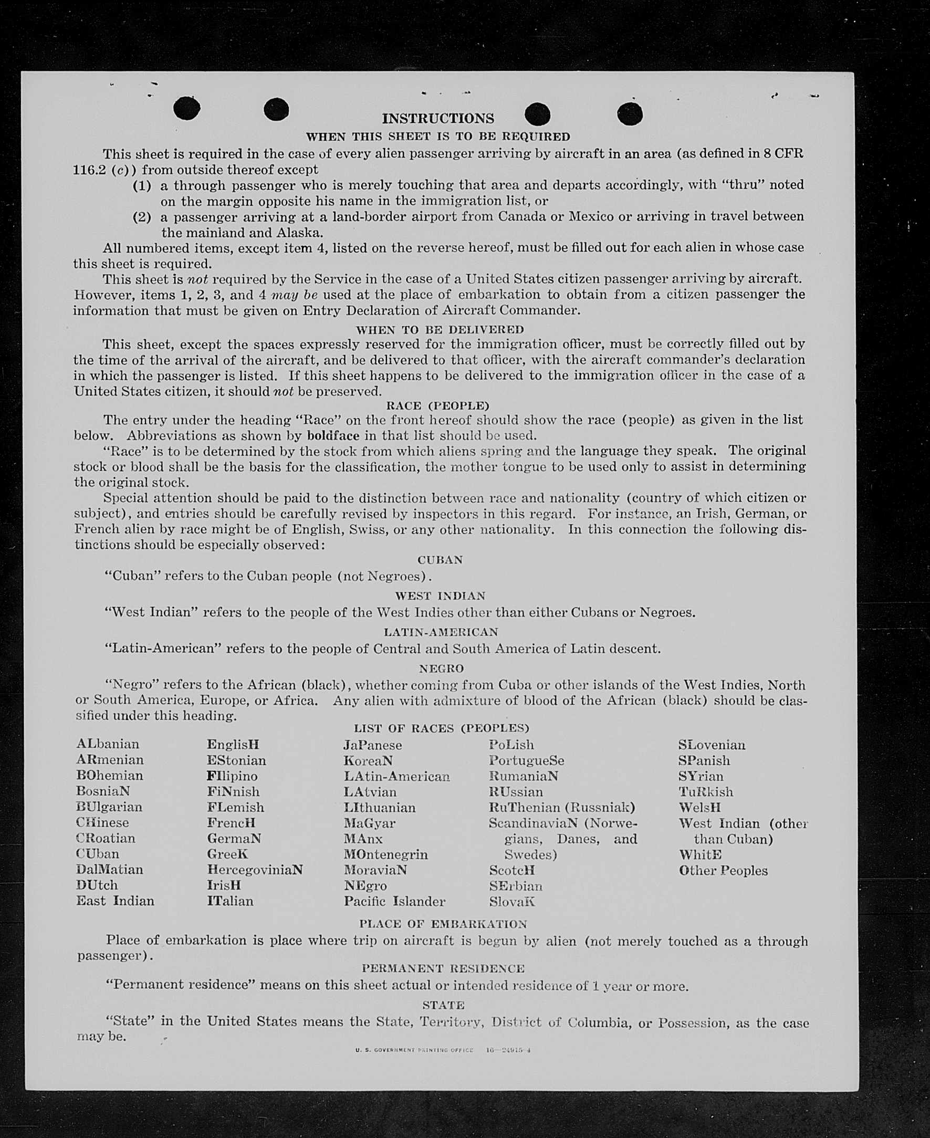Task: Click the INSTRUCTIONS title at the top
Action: click(437, 118)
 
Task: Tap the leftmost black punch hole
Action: click(187, 108)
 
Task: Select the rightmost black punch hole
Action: click(630, 114)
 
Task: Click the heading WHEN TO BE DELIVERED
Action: click(440, 329)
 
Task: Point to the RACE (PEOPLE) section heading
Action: click(437, 405)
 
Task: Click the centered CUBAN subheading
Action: click(440, 560)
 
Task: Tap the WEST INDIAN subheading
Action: click(440, 596)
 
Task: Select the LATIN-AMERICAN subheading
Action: click(441, 632)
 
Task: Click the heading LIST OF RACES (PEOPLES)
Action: click(441, 728)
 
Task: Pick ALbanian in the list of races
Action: click(108, 744)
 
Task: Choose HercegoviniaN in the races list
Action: click(255, 870)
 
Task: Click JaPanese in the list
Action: click(372, 745)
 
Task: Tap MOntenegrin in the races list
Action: click(386, 854)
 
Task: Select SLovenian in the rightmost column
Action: click(712, 745)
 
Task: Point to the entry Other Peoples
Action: click(723, 871)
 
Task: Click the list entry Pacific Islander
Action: click(394, 901)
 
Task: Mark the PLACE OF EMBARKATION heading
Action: click(443, 924)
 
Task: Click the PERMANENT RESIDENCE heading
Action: click(443, 969)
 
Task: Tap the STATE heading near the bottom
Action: click(443, 1005)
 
